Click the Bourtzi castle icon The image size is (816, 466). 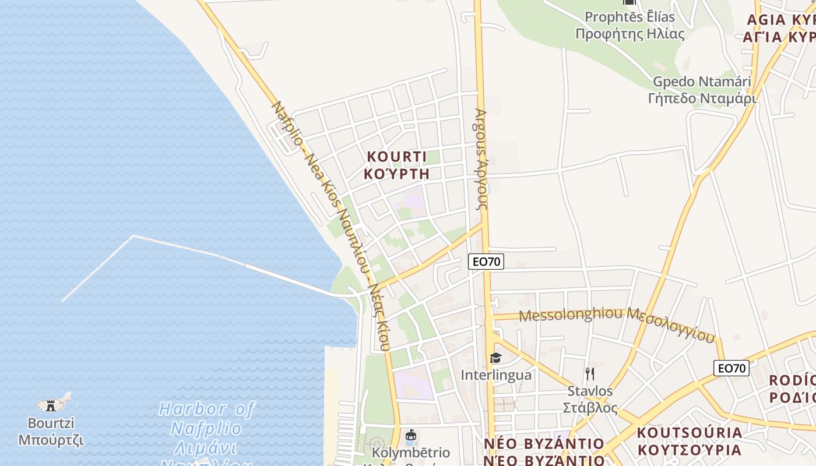pos(51,404)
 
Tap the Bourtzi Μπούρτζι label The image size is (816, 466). pos(51,431)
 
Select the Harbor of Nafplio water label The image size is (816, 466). pos(206,428)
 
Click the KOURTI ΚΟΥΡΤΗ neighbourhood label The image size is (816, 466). pos(396,165)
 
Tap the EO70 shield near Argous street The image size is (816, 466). pos(486,262)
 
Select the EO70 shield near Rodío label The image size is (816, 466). pos(731,368)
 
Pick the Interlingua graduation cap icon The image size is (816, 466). pos(495,358)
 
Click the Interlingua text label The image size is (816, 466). pos(496,375)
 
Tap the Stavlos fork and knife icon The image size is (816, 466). pos(590,373)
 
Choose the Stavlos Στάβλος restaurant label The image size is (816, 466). pos(590,399)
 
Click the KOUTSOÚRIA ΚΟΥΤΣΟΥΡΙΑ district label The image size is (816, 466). pos(690,441)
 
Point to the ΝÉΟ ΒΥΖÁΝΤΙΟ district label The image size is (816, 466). pos(544,451)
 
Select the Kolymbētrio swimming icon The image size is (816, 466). pos(411,435)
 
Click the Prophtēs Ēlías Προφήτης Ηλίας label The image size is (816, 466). pos(629,25)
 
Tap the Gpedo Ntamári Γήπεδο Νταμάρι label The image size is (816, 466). pos(702,90)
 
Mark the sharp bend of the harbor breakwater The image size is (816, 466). pos(133,236)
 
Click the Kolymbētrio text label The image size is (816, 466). pos(411,453)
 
